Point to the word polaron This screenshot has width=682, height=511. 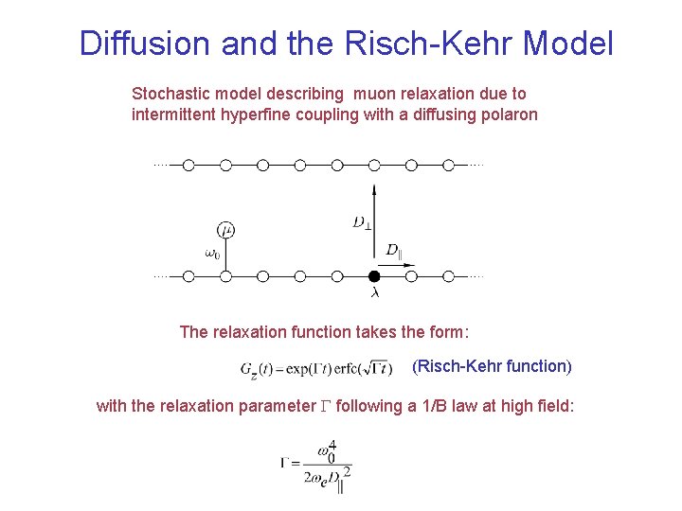pos(510,115)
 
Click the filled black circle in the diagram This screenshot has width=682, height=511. pos(374,276)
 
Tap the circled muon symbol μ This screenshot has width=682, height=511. pos(225,230)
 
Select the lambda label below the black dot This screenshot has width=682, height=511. pos(374,293)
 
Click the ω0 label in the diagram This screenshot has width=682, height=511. pos(213,253)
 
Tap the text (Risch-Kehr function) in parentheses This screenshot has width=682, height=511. pos(492,365)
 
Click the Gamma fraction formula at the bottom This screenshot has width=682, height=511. pos(313,466)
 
